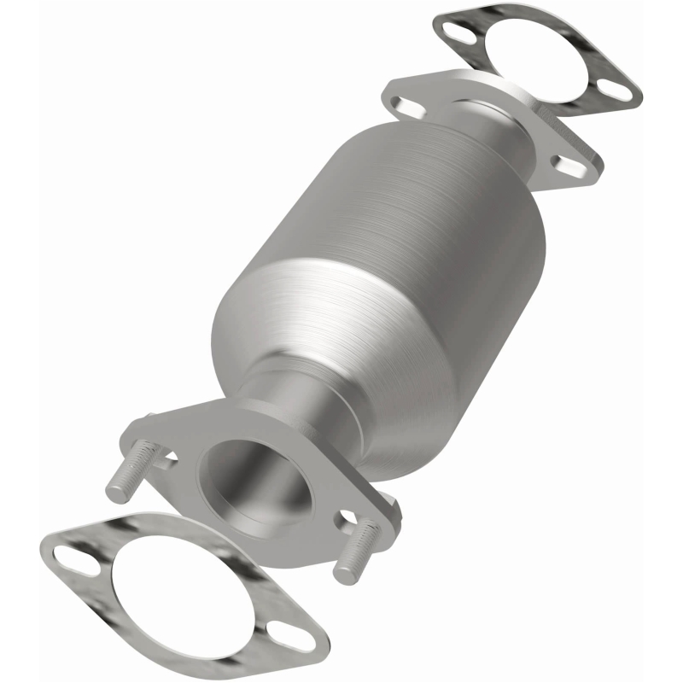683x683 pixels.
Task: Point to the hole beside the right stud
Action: pyautogui.click(x=348, y=517)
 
